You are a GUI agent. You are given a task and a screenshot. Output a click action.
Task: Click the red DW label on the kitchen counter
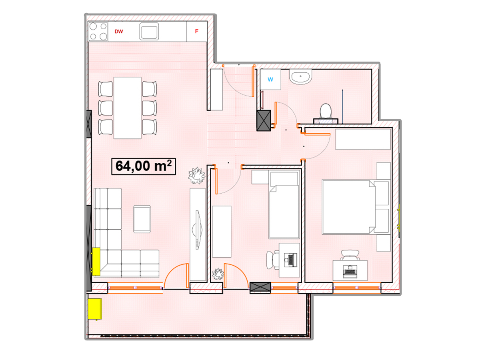(118, 32)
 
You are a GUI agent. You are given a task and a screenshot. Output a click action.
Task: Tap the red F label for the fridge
(196, 31)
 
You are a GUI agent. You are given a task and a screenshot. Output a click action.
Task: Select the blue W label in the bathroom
(270, 79)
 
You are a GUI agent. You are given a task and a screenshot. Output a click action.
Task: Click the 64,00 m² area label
(144, 166)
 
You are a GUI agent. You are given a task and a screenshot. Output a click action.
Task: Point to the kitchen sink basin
(149, 31)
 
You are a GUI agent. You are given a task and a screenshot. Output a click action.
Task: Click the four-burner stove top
(98, 32)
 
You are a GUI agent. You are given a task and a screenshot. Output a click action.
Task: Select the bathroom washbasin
(301, 77)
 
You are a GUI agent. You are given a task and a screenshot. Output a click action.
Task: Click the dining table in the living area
(127, 108)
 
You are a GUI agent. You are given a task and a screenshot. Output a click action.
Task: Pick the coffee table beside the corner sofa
(142, 219)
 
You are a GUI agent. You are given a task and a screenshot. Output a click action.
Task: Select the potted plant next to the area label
(196, 176)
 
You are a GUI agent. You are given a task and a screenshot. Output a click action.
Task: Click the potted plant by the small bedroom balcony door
(218, 274)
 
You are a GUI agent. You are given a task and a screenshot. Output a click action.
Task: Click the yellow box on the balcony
(95, 309)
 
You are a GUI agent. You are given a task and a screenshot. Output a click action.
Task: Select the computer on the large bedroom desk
(350, 272)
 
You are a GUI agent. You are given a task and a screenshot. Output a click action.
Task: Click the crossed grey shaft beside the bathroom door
(264, 121)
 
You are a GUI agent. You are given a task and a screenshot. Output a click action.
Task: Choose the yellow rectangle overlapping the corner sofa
(96, 262)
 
